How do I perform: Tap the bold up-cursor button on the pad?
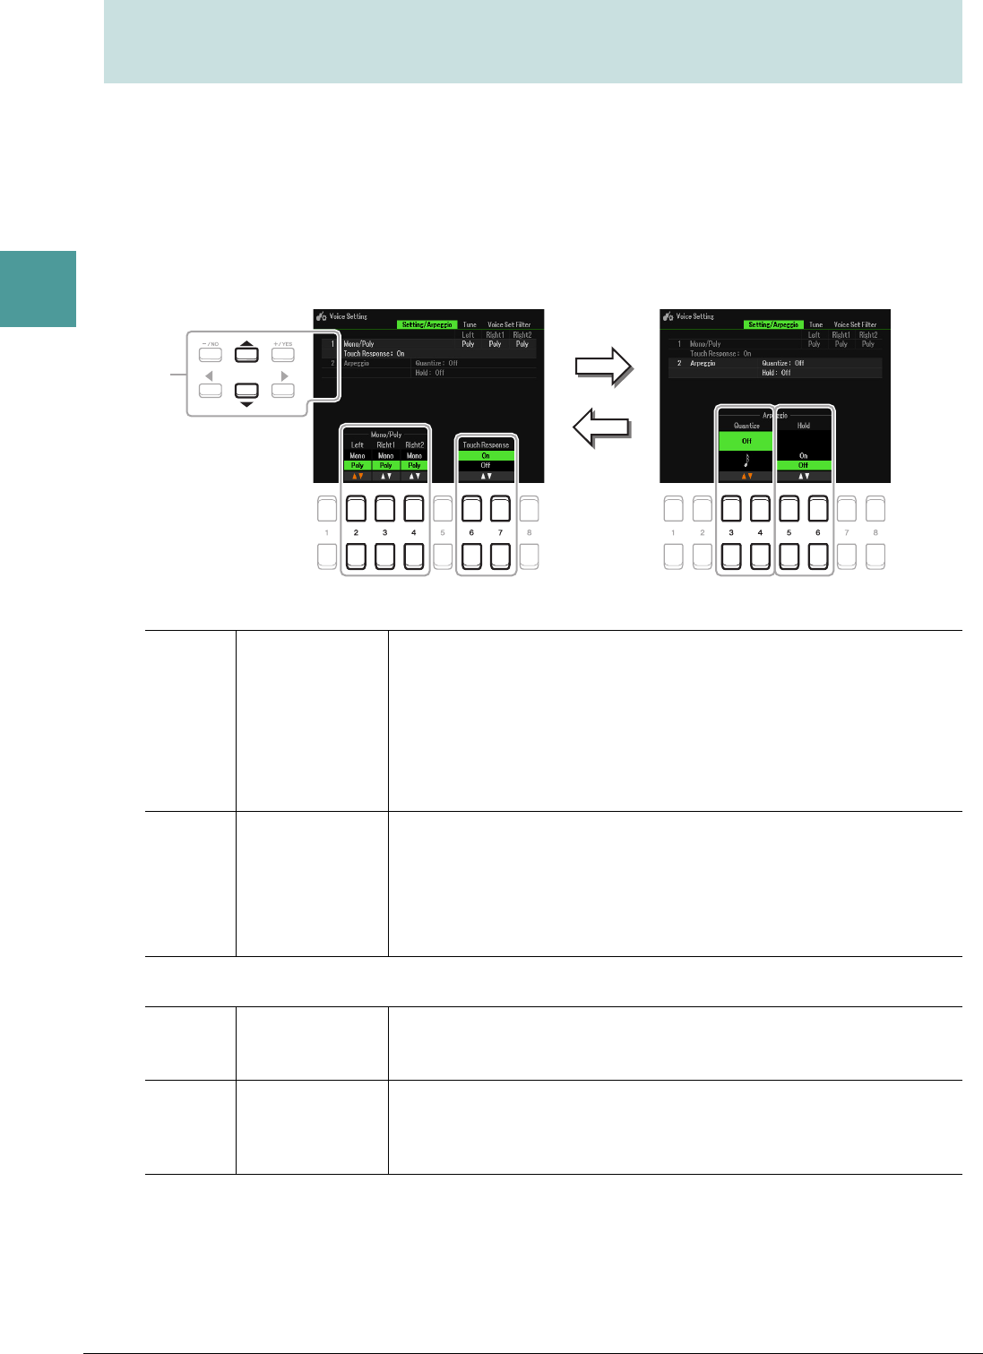[x=246, y=354]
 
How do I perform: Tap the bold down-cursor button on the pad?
[x=246, y=391]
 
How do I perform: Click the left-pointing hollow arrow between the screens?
[x=602, y=428]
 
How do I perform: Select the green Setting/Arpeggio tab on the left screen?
[x=427, y=324]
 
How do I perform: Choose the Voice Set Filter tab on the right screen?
[x=855, y=324]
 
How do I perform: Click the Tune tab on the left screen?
[x=470, y=324]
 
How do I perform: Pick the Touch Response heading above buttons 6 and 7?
[x=486, y=444]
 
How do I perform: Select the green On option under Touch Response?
[x=486, y=455]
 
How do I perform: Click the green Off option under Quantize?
[x=746, y=441]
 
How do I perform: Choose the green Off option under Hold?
[x=804, y=465]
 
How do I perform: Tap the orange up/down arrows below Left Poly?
[x=358, y=476]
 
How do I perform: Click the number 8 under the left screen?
[x=529, y=533]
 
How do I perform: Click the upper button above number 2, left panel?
[x=356, y=509]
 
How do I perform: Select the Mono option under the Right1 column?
[x=385, y=455]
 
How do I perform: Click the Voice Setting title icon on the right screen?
[x=668, y=316]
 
